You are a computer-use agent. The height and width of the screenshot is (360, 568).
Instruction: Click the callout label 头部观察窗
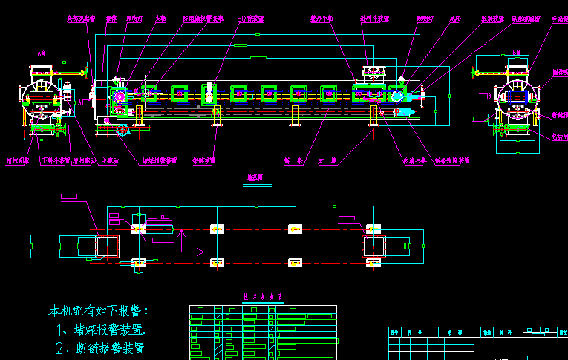(81, 18)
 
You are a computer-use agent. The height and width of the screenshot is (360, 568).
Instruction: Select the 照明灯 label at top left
(134, 18)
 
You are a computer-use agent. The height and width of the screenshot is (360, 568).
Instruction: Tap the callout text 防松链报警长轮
(203, 18)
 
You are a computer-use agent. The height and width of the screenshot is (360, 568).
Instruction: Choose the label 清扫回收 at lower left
(19, 160)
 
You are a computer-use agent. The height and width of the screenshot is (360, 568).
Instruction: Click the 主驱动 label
(110, 160)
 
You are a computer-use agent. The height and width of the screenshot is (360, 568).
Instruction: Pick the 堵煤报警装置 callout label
(160, 160)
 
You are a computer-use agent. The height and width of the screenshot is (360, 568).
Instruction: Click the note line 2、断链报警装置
(100, 347)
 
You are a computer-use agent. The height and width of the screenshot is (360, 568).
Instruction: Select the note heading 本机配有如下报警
(99, 310)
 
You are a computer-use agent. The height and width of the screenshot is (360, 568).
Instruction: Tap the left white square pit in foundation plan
(107, 246)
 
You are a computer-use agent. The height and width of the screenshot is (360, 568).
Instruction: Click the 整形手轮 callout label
(321, 18)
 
